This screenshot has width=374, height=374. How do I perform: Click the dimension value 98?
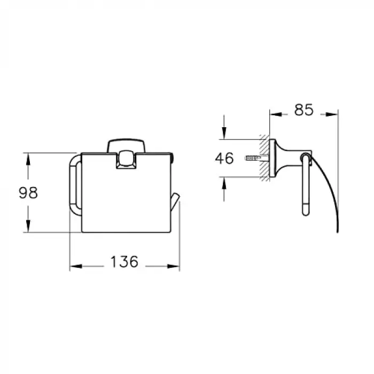pyautogui.click(x=28, y=193)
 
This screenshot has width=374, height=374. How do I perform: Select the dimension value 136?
pyautogui.click(x=124, y=261)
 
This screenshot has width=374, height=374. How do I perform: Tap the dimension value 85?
pyautogui.click(x=303, y=110)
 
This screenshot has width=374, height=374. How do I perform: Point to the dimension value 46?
pyautogui.click(x=224, y=158)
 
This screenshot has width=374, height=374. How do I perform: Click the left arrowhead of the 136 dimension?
pyautogui.click(x=76, y=266)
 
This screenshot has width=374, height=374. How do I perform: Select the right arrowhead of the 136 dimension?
pyautogui.click(x=174, y=266)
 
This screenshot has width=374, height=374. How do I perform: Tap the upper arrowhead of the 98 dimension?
pyautogui.click(x=28, y=159)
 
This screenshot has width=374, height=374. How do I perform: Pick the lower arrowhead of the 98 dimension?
pyautogui.click(x=28, y=226)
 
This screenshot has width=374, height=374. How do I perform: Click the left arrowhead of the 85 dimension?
pyautogui.click(x=276, y=114)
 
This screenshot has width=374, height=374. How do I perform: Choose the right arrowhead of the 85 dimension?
pyautogui.click(x=332, y=114)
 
